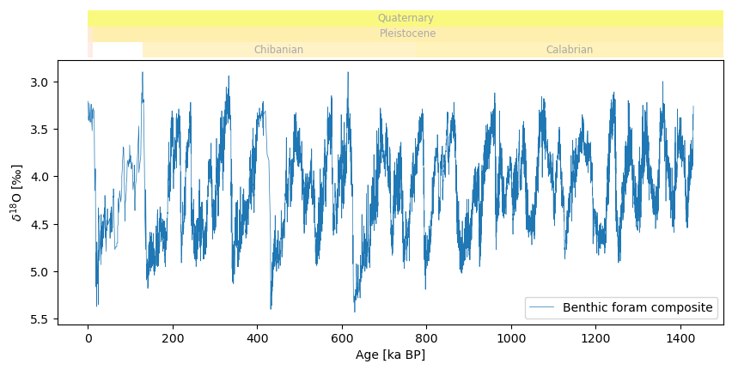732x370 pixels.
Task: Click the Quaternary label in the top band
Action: pos(406,18)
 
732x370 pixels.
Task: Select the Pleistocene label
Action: pos(407,33)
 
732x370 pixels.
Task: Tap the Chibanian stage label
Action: pos(278,50)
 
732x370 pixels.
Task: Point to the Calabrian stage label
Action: pos(569,50)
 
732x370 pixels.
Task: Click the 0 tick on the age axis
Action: pos(88,339)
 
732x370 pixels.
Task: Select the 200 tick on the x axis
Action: pos(173,339)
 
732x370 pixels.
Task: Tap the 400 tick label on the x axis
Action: pos(257,339)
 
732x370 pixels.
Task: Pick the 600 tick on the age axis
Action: pos(342,339)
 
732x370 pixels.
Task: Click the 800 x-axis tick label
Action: pos(427,339)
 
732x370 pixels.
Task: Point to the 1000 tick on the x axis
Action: pos(511,339)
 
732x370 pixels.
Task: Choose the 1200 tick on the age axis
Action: pos(596,339)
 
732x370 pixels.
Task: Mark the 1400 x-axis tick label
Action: pos(680,339)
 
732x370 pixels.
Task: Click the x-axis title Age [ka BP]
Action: pos(390,355)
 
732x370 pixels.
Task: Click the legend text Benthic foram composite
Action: pos(637,307)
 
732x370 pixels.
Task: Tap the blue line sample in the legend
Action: pos(543,307)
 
